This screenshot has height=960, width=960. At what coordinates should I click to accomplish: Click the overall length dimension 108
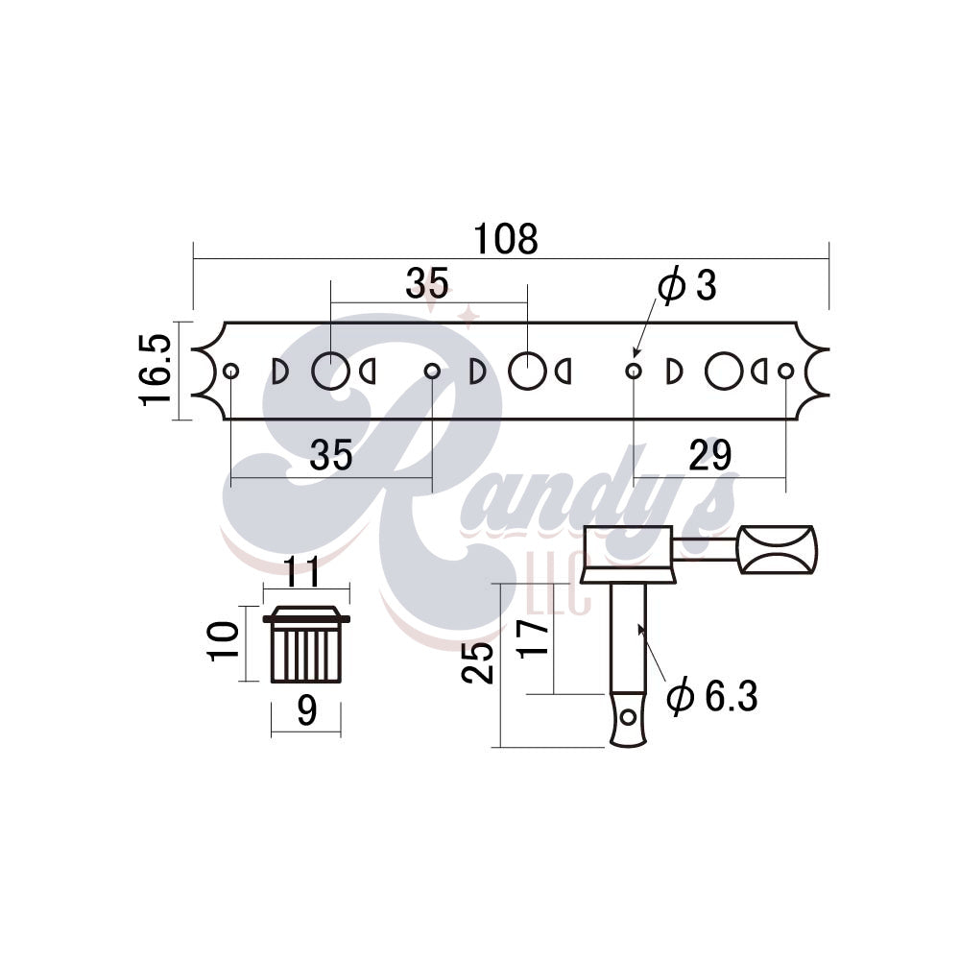(x=506, y=240)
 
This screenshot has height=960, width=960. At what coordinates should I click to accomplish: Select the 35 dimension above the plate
(x=426, y=283)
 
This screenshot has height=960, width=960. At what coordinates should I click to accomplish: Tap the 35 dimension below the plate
(x=331, y=456)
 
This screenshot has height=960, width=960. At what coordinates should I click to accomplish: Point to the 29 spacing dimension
(x=709, y=456)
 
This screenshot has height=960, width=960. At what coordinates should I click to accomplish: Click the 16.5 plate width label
(x=156, y=370)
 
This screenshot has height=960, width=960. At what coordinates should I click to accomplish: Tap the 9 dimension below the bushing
(x=306, y=711)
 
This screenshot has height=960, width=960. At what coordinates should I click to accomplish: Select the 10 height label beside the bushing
(x=223, y=640)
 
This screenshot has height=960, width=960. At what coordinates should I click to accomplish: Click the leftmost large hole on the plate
(x=329, y=371)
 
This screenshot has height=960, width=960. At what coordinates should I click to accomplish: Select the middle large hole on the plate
(x=526, y=371)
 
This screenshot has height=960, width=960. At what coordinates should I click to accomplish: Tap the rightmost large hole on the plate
(x=723, y=371)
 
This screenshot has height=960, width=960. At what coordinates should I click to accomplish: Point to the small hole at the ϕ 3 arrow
(x=633, y=371)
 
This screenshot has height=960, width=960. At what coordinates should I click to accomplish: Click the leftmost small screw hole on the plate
(x=230, y=372)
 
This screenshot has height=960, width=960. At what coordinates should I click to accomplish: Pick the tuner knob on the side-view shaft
(x=776, y=550)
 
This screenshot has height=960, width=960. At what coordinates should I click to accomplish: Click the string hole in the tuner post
(x=629, y=717)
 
